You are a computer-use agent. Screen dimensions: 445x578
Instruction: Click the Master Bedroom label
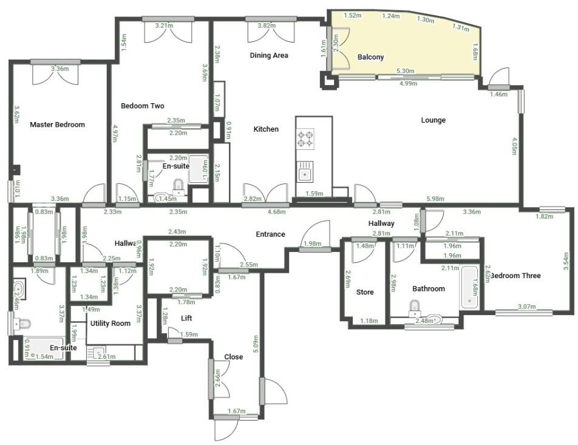tap(58, 124)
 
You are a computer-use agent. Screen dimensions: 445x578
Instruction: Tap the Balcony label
tap(370, 57)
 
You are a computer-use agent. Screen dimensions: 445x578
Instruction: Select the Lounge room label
tap(433, 120)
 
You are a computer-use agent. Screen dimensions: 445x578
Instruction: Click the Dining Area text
tap(269, 55)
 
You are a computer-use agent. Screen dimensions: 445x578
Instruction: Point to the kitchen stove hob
tap(305, 139)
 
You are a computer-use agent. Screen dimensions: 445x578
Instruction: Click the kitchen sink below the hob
tap(305, 173)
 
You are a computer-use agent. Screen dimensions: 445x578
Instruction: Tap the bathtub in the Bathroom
tap(469, 285)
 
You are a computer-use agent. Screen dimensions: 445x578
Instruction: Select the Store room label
tap(365, 292)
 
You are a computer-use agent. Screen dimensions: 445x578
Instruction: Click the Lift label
tap(187, 318)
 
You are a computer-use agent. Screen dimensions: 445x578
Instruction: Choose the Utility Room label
tap(110, 324)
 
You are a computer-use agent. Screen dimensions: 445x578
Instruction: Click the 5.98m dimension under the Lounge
tap(435, 199)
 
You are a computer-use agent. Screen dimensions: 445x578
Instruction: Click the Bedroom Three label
tap(515, 276)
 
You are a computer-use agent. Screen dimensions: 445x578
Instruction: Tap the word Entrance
tap(270, 234)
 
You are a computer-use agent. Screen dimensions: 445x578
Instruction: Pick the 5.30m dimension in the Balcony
tap(406, 72)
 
